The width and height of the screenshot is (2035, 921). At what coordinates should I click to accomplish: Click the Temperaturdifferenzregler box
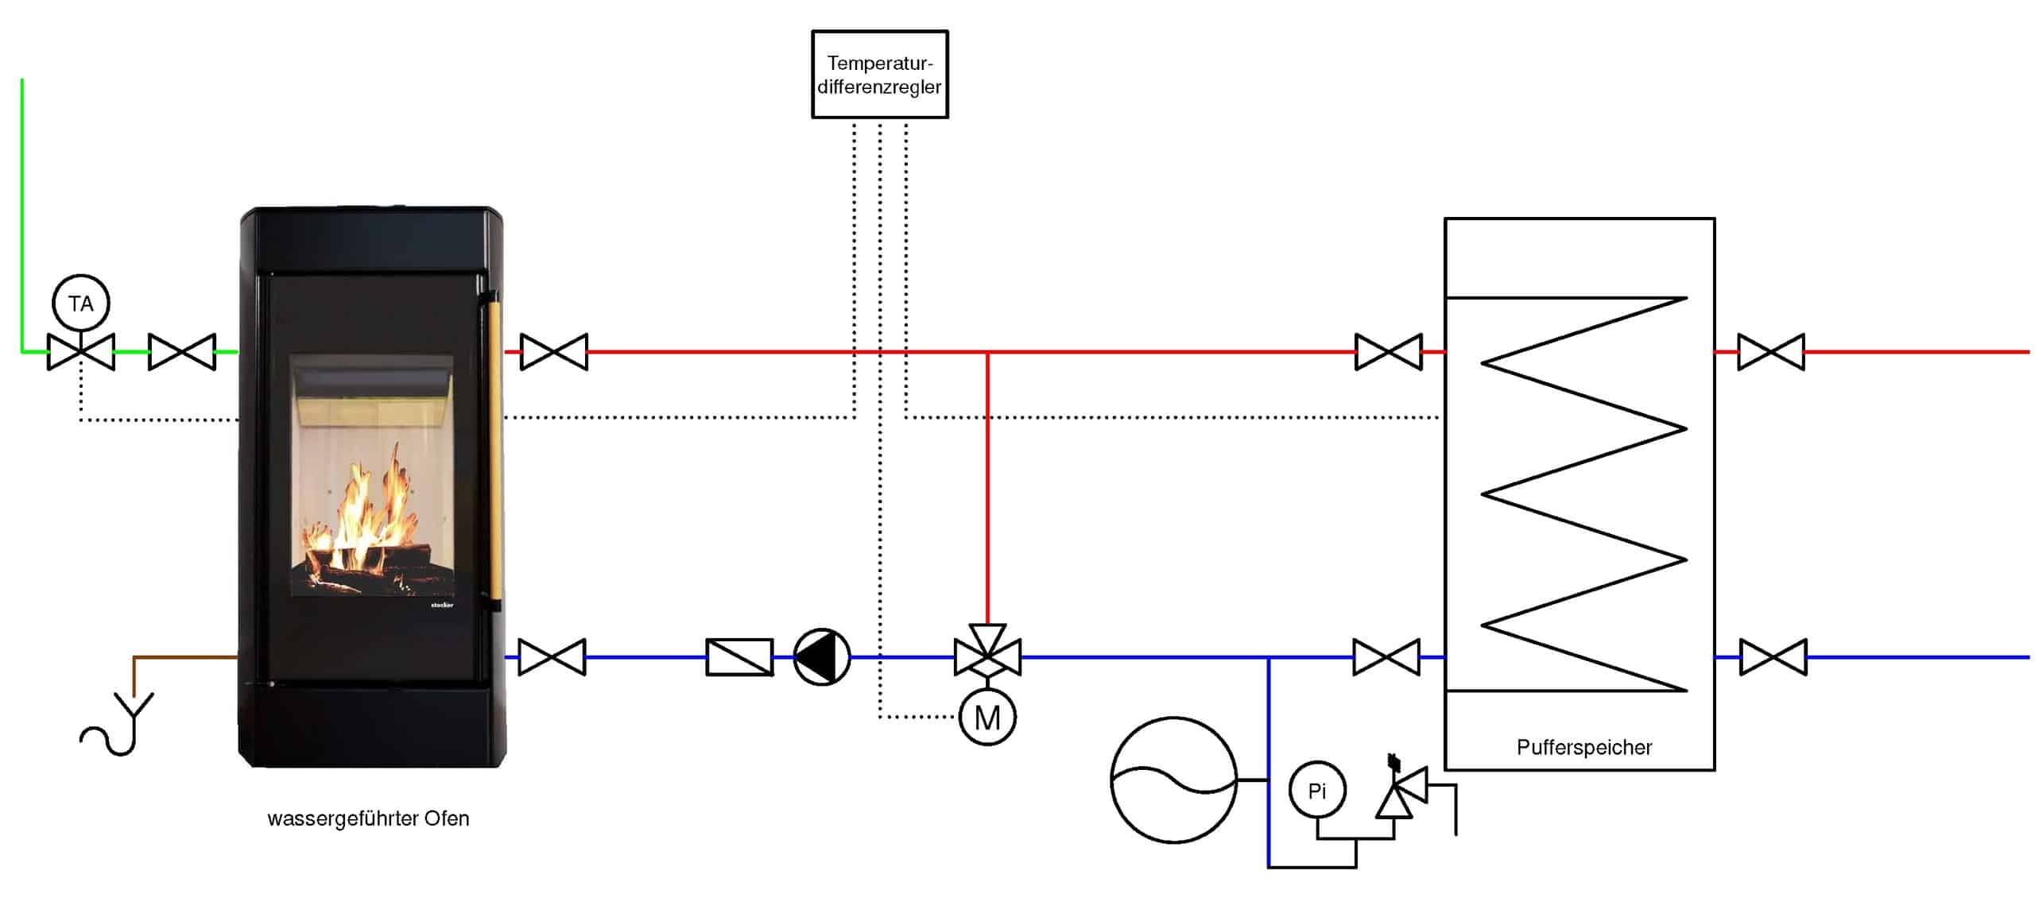[879, 75]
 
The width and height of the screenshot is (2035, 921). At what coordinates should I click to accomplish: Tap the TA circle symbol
[80, 304]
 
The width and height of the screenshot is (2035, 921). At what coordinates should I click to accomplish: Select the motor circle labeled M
[987, 718]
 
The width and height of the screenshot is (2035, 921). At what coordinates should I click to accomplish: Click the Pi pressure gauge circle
[1317, 791]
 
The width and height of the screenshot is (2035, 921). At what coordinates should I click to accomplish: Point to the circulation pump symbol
[822, 657]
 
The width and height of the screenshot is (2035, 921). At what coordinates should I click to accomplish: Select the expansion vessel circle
[1173, 780]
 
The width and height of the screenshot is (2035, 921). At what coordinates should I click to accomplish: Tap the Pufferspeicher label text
[1583, 747]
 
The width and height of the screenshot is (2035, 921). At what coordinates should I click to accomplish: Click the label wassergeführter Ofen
[368, 818]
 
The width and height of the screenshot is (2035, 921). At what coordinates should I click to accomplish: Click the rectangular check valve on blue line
[739, 657]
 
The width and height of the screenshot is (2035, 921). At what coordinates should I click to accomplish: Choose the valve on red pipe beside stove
[554, 352]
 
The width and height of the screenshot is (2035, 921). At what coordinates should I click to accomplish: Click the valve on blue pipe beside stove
[552, 657]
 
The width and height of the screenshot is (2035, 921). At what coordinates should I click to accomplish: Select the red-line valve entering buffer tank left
[1388, 352]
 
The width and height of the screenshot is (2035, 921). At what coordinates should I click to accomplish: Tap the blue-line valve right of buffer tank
[1773, 657]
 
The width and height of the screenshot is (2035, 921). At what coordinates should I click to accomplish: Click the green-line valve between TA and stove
[182, 352]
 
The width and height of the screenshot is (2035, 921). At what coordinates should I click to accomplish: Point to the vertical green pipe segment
[22, 215]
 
